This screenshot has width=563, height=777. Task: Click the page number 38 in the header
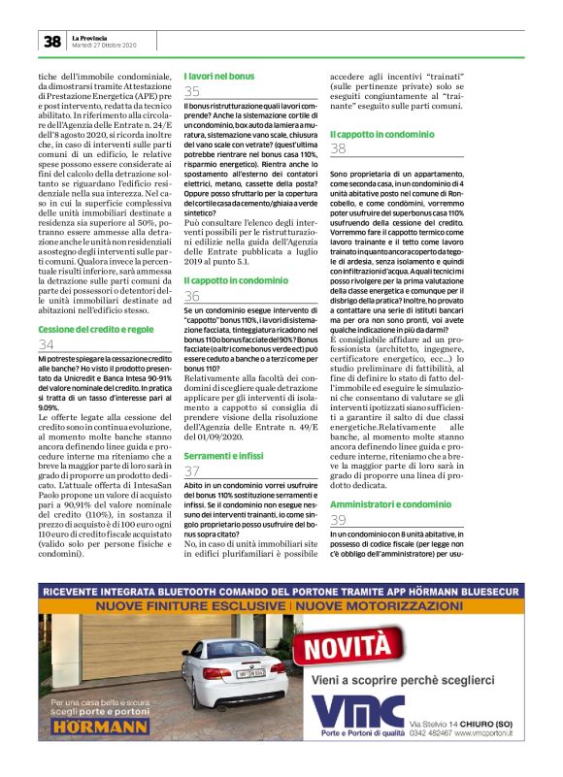[51, 41]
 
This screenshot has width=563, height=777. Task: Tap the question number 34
[47, 345]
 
